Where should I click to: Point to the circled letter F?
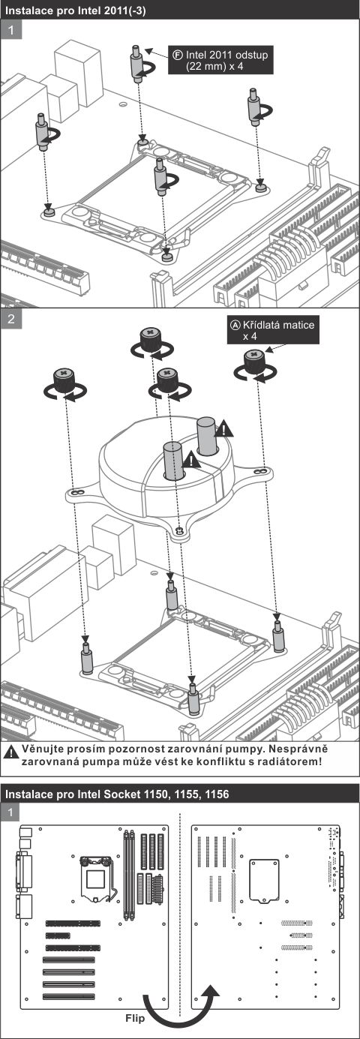tap(177, 55)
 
